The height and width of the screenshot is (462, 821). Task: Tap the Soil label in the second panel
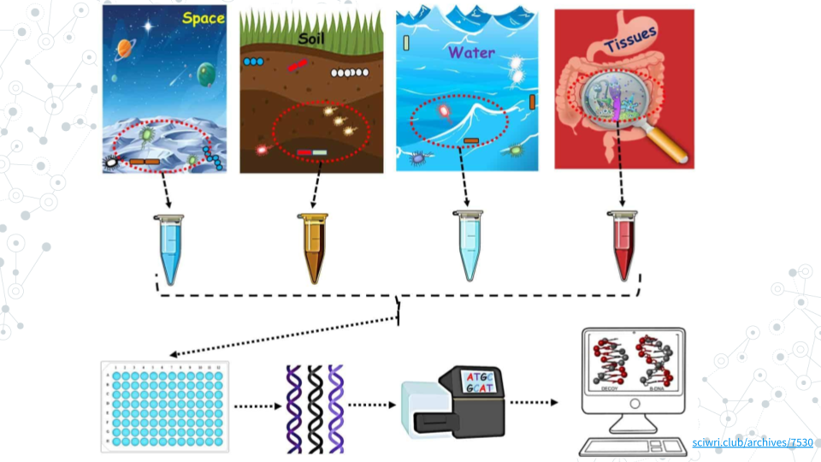click(312, 38)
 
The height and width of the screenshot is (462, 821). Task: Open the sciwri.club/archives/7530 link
click(752, 442)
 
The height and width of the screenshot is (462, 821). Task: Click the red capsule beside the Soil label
click(297, 64)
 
